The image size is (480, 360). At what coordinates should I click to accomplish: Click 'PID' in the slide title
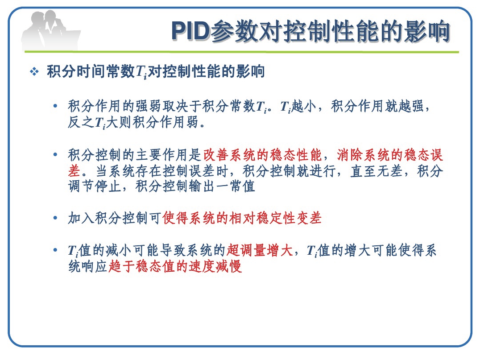pos(190,31)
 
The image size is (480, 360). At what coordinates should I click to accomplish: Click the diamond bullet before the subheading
pos(34,72)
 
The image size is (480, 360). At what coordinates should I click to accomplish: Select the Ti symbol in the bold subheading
pos(141,73)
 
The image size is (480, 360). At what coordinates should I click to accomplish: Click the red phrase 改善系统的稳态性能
pos(262,155)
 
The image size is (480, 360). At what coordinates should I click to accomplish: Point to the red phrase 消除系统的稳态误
pos(390,155)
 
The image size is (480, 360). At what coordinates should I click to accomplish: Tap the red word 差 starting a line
pos(74,171)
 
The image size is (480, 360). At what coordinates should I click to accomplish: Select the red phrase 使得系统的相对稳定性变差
pos(242,218)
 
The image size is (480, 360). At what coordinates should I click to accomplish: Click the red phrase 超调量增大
pos(260,250)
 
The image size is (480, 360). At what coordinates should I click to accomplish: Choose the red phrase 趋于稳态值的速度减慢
pos(175,266)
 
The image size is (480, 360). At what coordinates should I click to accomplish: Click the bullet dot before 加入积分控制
pos(55,218)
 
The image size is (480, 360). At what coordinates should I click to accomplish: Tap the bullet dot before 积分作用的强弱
pos(55,106)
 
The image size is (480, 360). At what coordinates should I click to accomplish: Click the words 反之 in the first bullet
pos(81,122)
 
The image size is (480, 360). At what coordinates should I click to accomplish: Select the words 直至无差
pos(377,171)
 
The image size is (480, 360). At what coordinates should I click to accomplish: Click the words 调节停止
pos(94,186)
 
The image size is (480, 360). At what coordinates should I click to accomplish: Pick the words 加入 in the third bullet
pos(81,218)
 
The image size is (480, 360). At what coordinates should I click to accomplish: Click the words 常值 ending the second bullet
pos(242,186)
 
